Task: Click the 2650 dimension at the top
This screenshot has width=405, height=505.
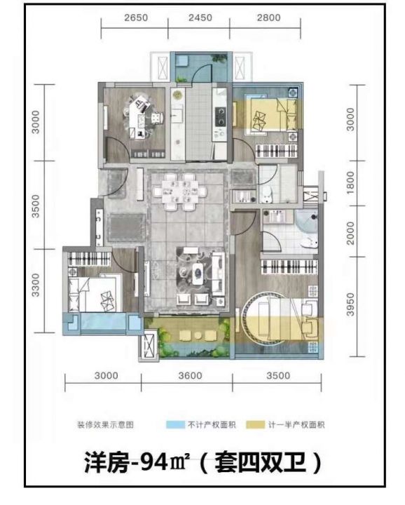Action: [136, 18]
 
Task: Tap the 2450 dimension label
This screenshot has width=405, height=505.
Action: [200, 18]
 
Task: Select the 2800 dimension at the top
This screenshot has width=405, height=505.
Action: [268, 18]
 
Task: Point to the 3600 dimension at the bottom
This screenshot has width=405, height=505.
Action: [191, 375]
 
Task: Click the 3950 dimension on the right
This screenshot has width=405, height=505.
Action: [350, 304]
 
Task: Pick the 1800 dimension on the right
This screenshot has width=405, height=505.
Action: [350, 182]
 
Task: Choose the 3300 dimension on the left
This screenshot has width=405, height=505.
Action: [36, 285]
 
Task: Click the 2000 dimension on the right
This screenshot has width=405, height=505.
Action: [350, 233]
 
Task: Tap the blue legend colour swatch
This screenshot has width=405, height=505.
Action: [175, 424]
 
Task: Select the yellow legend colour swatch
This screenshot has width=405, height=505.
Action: [256, 424]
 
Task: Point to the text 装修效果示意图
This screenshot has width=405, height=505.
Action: [105, 425]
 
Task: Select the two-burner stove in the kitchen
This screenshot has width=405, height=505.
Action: [220, 116]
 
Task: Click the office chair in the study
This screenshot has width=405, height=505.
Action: [157, 118]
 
